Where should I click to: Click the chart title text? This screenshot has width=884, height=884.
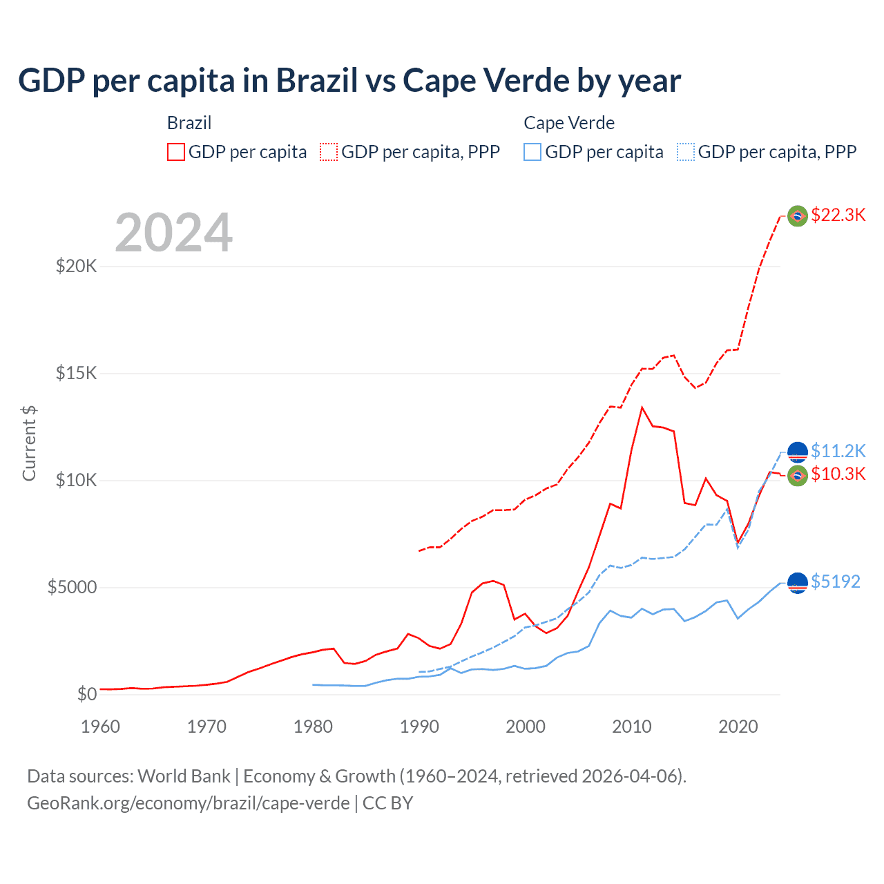349,81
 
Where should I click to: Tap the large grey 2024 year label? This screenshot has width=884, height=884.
173,233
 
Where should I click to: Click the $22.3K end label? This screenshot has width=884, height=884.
838,215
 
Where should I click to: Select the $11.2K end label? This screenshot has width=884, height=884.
838,451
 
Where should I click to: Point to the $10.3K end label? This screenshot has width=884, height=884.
838,474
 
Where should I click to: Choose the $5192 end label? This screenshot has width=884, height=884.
835,582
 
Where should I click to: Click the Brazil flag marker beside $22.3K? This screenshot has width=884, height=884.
798,216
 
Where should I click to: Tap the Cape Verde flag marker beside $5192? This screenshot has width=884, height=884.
798,583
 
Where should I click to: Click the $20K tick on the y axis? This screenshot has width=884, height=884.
76,266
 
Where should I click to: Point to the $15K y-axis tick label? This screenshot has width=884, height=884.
76,373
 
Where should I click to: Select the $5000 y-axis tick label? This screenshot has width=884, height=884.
72,587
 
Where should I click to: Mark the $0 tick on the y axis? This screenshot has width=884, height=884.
86,694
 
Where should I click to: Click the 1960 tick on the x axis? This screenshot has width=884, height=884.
100,727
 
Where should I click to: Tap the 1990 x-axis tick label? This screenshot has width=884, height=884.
419,727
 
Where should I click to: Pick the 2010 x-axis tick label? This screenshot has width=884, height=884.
632,727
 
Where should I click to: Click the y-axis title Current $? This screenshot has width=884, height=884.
29,443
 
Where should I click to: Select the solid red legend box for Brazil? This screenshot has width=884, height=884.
176,152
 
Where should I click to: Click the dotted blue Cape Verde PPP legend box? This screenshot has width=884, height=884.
686,152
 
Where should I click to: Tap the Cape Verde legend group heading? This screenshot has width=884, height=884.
569,123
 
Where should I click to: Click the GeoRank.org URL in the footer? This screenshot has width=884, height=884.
188,803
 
